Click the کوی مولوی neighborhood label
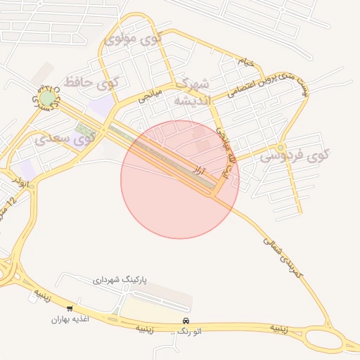point(133,39)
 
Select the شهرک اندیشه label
point(191,91)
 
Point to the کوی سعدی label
point(64,139)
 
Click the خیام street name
point(245,62)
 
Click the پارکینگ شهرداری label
point(119,280)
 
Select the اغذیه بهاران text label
point(67,319)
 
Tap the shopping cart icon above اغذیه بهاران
point(70,309)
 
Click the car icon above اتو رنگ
point(186,321)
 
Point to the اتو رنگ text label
point(186,331)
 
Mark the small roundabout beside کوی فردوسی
point(281,148)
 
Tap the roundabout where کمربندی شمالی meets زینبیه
point(330,325)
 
